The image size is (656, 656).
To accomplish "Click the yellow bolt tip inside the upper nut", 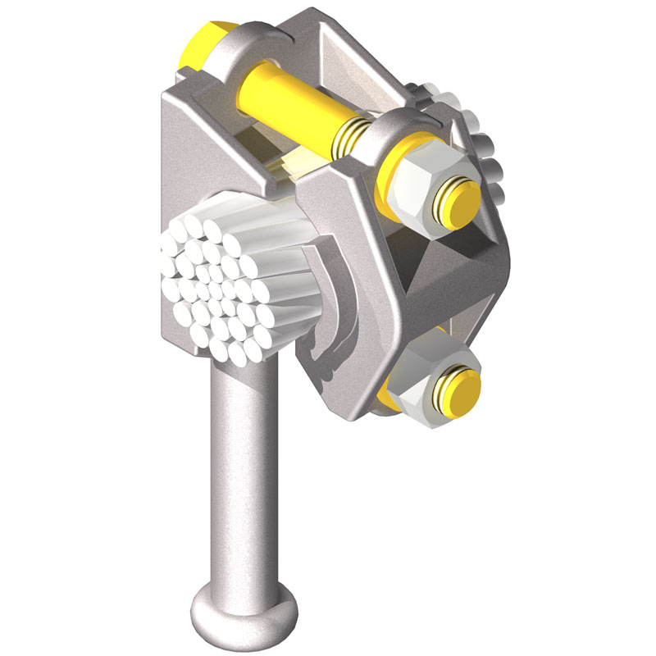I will [458, 201].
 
